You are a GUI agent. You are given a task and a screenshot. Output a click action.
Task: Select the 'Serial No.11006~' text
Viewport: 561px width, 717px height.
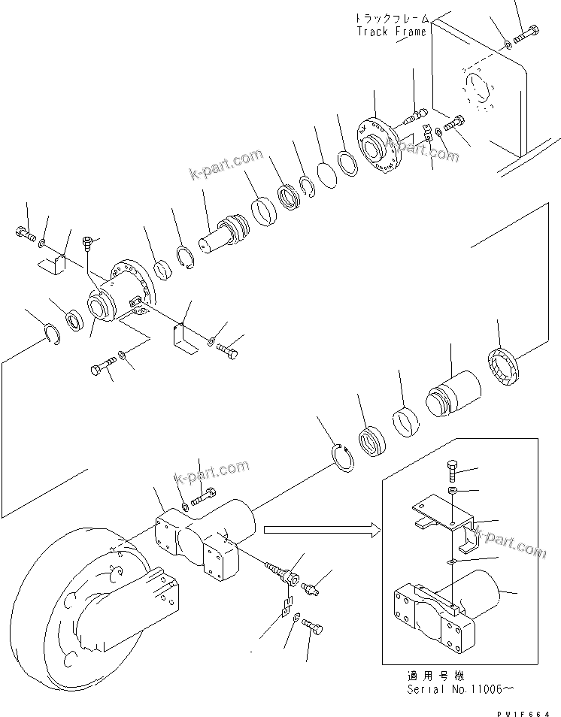(x=450, y=688)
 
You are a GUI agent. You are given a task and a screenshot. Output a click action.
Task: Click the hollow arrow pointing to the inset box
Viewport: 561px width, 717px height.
(x=320, y=531)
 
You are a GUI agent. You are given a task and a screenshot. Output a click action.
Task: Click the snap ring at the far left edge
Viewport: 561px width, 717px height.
(x=47, y=331)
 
